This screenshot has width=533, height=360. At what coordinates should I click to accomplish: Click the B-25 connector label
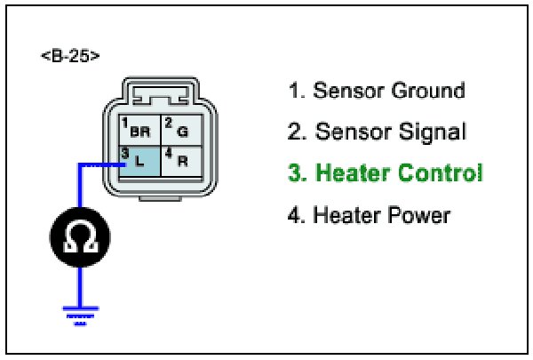[x=69, y=56]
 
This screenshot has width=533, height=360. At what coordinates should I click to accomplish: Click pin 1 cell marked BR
[x=138, y=128]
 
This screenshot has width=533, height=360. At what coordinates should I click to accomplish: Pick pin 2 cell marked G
[x=181, y=128]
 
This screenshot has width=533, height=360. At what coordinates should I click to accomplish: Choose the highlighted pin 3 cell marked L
[x=138, y=161]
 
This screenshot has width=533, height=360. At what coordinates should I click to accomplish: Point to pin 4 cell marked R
[x=181, y=161]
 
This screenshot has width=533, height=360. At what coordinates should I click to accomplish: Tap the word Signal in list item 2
[x=427, y=132]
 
